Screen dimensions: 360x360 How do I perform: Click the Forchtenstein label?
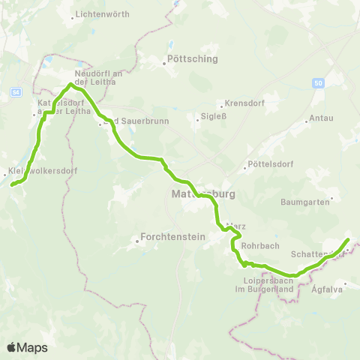point(166,241)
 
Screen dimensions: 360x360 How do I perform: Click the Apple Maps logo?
point(28,347)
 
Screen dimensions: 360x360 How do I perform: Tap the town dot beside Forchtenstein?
point(139,241)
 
